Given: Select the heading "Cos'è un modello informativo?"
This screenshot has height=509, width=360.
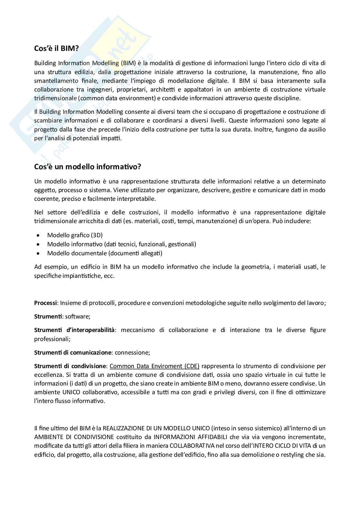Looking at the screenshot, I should (x=87, y=167).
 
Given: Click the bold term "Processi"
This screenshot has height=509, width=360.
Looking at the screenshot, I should (x=45, y=303).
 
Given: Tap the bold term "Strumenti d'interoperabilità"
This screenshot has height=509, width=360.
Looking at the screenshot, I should (x=74, y=330).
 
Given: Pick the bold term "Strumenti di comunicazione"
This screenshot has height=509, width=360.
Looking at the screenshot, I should (x=73, y=353).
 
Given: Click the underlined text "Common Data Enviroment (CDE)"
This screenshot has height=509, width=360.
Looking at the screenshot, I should (x=155, y=366).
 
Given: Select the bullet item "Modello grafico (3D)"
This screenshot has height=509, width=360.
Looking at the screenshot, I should (x=75, y=235).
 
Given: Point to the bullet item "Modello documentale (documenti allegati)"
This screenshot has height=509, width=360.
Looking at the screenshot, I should (x=105, y=253).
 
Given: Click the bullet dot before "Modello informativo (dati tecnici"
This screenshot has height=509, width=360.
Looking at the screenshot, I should (x=39, y=244).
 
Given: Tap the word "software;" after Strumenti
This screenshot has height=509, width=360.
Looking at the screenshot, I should (x=78, y=317).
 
